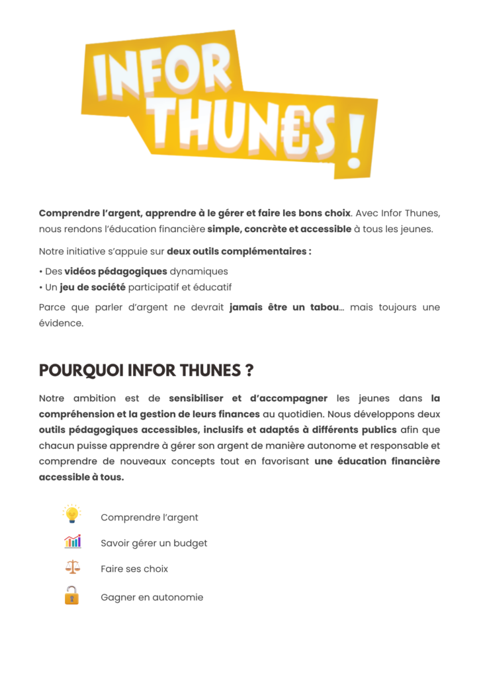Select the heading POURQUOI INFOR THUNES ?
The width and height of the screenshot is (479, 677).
pyautogui.click(x=146, y=370)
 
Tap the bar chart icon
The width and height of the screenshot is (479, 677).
pyautogui.click(x=72, y=541)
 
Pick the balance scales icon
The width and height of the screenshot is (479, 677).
pyautogui.click(x=71, y=567)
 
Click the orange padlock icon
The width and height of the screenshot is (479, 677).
pyautogui.click(x=71, y=596)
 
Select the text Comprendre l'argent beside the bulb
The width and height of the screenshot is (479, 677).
pyautogui.click(x=150, y=518)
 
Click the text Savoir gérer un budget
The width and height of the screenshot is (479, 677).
pyautogui.click(x=154, y=543)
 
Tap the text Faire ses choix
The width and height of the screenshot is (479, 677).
pyautogui.click(x=134, y=569)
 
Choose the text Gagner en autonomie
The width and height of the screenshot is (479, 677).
pyautogui.click(x=152, y=598)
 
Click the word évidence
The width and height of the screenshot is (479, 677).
pyautogui.click(x=61, y=324)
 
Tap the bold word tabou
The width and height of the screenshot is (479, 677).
pyautogui.click(x=325, y=308)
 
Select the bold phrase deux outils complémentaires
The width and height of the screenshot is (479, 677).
pyautogui.click(x=238, y=251)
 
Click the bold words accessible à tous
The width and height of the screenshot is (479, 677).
pyautogui.click(x=81, y=477)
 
